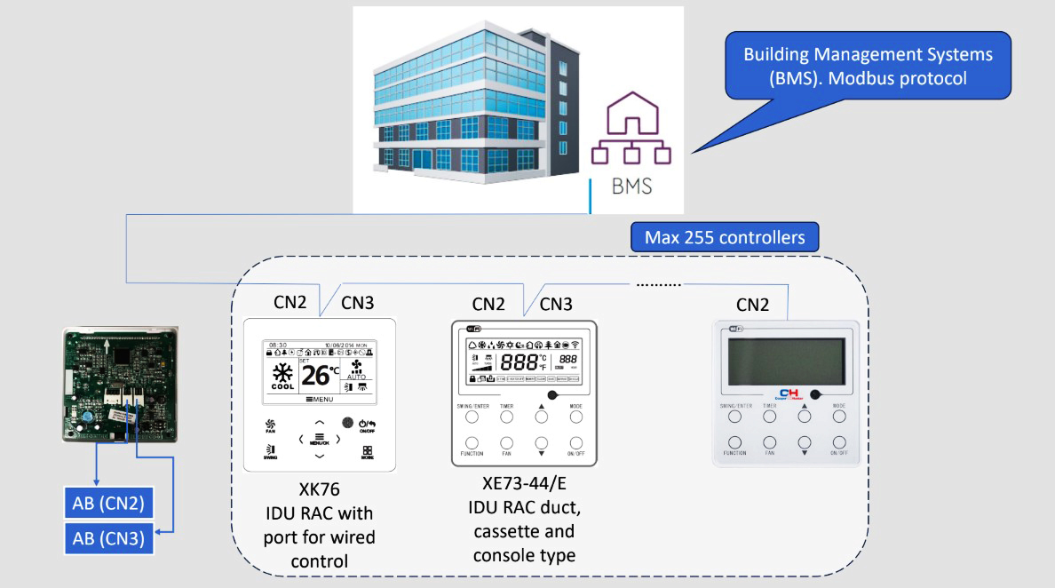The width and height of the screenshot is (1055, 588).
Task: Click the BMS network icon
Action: (x=631, y=133)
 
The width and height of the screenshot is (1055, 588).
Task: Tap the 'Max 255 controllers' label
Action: (x=725, y=237)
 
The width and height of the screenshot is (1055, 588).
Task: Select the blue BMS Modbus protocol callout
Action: (x=868, y=66)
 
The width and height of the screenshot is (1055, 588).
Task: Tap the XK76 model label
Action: (x=319, y=489)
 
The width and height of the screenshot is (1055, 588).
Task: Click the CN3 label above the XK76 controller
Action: (x=357, y=303)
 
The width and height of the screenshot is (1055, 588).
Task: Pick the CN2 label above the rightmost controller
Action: (x=753, y=305)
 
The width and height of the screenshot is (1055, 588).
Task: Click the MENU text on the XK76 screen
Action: (x=320, y=401)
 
